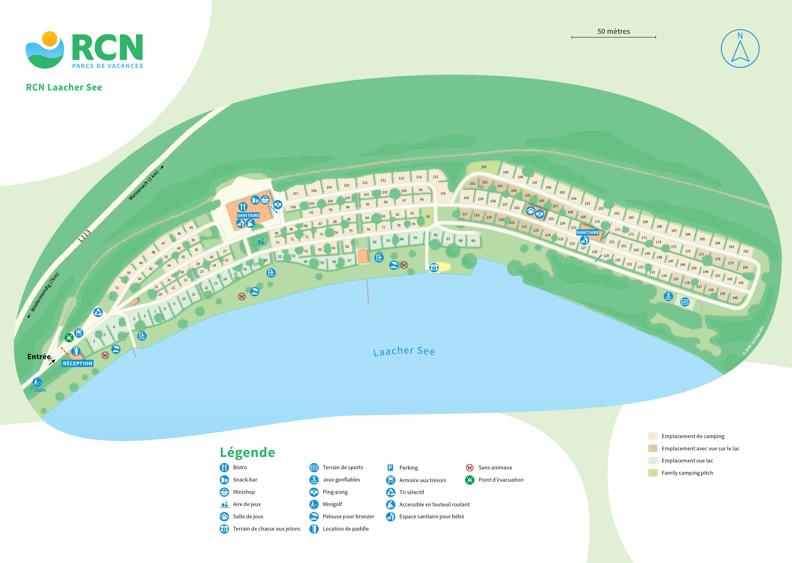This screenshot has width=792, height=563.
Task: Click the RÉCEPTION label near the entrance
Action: (x=77, y=363)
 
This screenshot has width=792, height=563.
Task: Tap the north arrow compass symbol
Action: (x=740, y=49)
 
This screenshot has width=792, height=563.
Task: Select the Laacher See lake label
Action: (x=404, y=351)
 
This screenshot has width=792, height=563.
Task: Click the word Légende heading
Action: (x=247, y=452)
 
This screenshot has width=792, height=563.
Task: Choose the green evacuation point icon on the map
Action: (x=69, y=337)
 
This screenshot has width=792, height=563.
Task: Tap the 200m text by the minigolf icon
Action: (x=40, y=390)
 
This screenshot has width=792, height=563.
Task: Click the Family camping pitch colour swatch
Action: (x=653, y=473)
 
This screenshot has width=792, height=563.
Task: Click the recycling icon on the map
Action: (x=98, y=312)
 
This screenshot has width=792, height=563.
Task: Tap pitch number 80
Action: (x=428, y=217)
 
